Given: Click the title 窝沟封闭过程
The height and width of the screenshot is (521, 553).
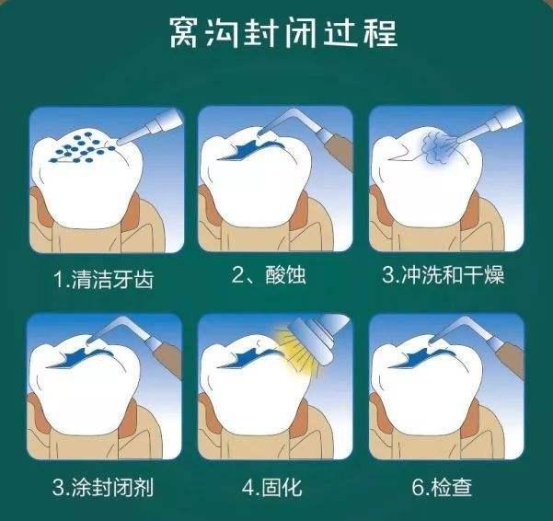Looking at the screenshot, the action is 283,33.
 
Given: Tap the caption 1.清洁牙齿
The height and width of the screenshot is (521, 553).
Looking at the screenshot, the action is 103,280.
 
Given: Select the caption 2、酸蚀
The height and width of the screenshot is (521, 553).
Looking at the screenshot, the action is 269,275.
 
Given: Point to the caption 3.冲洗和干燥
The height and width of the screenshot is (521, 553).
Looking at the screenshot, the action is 444,275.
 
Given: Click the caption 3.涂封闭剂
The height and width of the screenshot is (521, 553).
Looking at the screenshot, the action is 103,487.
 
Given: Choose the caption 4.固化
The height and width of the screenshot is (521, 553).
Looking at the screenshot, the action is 272,487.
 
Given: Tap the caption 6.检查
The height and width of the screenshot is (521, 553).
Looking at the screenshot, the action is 442,487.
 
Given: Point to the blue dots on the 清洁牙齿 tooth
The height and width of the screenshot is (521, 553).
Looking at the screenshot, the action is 82,147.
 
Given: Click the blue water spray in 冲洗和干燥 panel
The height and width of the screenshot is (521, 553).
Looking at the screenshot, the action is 438,148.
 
